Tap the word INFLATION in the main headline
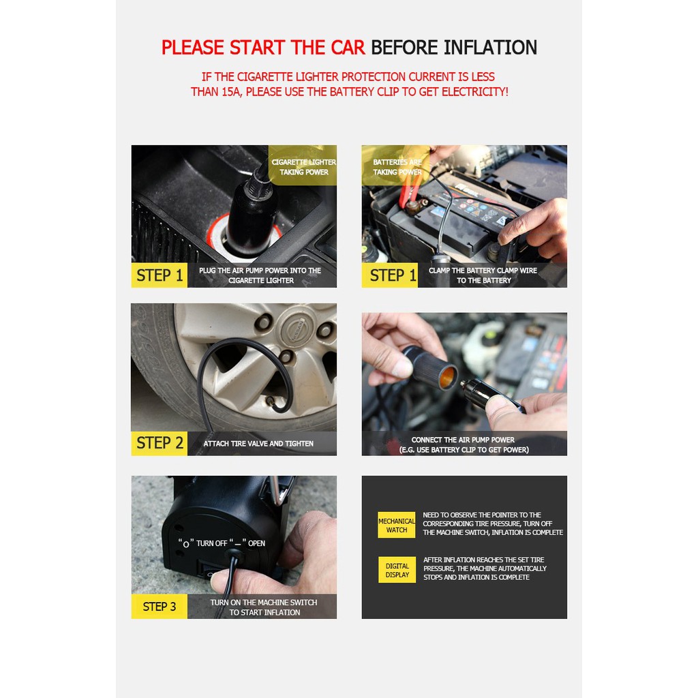point(491,48)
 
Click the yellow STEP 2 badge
point(160,443)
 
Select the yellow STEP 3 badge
point(160,606)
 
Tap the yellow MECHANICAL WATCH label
point(397,526)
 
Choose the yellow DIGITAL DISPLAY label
point(397,571)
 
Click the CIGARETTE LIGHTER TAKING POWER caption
point(303,167)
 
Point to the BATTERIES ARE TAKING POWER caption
point(397,167)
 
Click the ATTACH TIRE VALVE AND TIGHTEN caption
point(258,443)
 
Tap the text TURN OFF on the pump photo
point(212,543)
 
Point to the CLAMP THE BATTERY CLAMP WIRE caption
point(483,270)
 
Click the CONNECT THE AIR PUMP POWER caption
point(463,440)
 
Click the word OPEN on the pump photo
point(256,543)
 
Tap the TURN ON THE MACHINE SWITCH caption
point(264,603)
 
